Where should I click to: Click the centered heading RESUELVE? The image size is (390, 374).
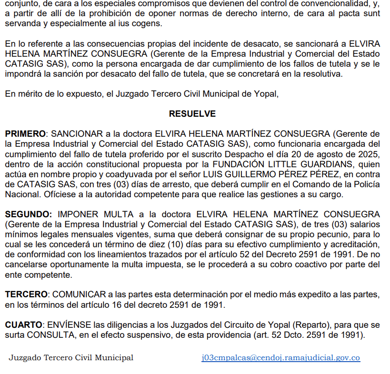point(192,114)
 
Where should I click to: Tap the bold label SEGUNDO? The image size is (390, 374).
point(28,214)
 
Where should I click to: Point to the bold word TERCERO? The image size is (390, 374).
point(26,294)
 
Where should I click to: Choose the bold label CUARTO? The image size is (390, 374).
point(23,325)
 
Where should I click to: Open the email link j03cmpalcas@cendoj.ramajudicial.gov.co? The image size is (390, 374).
point(280,358)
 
